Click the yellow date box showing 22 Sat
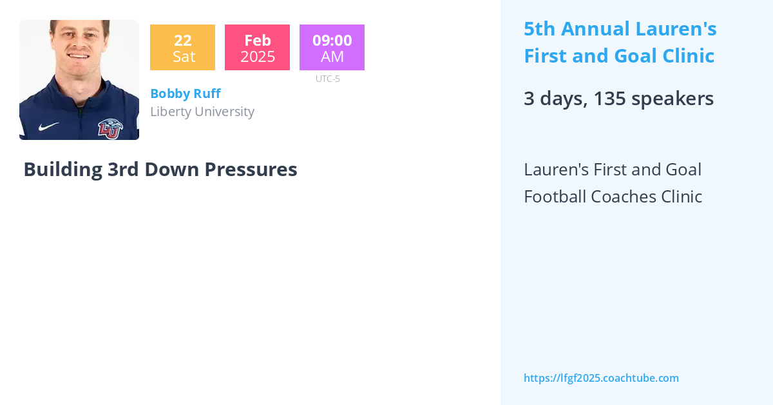coord(182,48)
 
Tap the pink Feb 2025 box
coord(257,48)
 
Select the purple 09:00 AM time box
coord(332,48)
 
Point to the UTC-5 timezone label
coord(327,79)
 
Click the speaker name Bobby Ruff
coord(186,94)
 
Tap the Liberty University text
coord(202,112)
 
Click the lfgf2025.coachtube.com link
coord(601,378)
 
